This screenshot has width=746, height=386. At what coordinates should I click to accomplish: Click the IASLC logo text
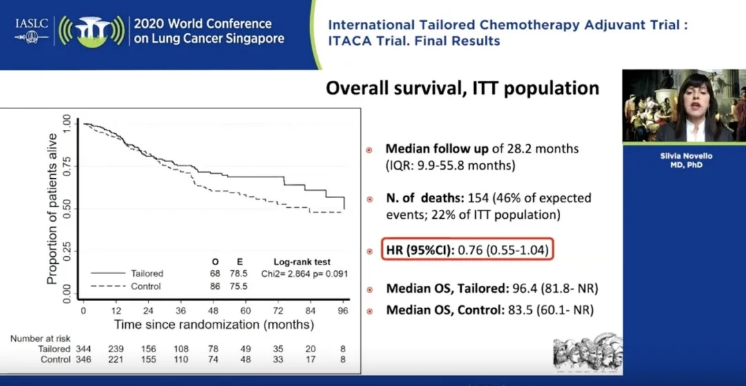(31, 23)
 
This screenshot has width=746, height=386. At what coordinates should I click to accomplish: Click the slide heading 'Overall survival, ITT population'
(462, 88)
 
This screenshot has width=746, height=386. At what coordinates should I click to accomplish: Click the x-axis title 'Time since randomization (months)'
(214, 325)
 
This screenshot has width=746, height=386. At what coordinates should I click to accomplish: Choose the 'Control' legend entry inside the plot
(146, 286)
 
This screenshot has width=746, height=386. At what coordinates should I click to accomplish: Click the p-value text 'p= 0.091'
(327, 274)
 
